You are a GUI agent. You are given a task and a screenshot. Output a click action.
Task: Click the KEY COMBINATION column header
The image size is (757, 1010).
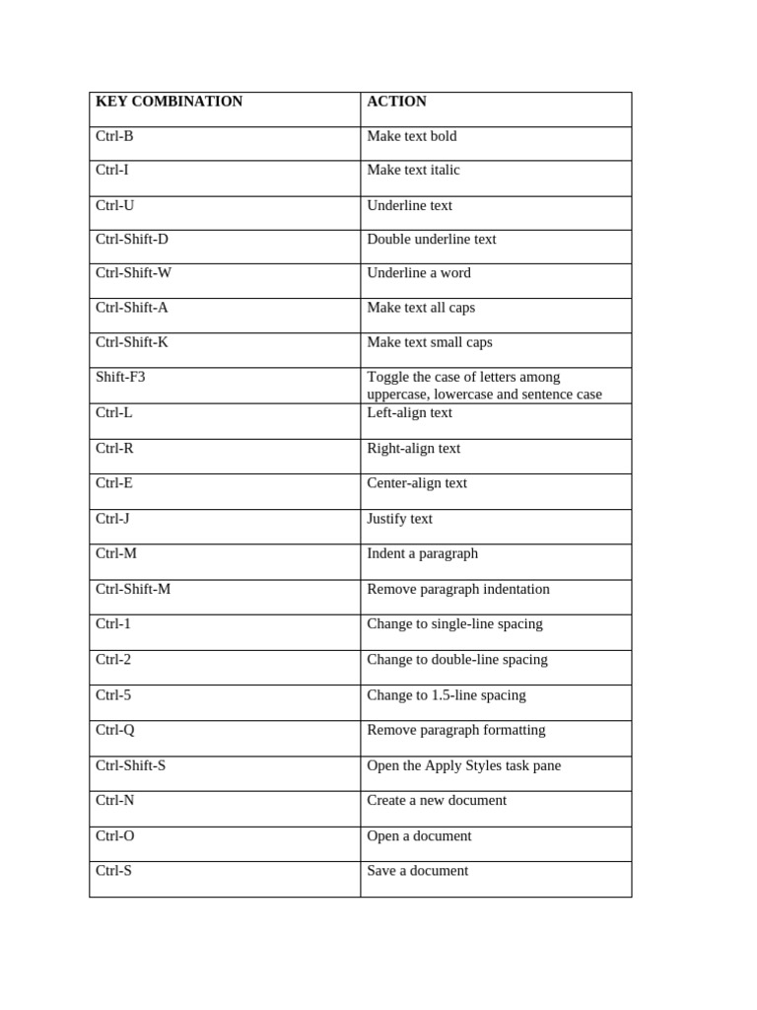(x=169, y=102)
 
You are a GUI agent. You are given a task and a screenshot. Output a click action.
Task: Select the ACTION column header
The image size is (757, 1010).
(x=396, y=102)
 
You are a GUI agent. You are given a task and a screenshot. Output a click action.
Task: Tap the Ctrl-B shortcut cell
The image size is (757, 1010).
(x=114, y=136)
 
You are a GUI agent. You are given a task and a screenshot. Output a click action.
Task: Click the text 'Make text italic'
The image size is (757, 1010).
(x=413, y=170)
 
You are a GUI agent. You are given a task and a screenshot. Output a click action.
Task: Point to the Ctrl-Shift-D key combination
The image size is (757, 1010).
(x=132, y=239)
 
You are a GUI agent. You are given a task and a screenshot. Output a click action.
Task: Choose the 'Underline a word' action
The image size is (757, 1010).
(x=419, y=273)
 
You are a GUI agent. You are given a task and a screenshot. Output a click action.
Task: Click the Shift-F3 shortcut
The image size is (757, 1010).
(x=120, y=377)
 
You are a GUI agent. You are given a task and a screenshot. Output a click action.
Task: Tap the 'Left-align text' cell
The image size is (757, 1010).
(x=409, y=413)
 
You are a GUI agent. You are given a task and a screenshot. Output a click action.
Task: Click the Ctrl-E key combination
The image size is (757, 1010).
(x=114, y=483)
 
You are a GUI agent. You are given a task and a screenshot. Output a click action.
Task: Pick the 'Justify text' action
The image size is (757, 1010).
(x=399, y=519)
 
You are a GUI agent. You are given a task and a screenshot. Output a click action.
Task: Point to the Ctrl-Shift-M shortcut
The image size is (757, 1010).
(x=133, y=589)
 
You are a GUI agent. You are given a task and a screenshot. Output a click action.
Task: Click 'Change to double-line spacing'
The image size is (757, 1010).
(x=457, y=660)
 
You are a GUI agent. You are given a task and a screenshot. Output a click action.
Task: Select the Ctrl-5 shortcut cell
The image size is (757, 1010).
(x=113, y=695)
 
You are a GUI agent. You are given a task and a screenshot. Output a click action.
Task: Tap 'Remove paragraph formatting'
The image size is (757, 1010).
(x=456, y=730)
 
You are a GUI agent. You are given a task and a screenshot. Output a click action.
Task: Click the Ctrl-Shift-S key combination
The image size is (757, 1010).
(x=131, y=765)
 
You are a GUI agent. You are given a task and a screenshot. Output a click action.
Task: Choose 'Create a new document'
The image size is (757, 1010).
(x=437, y=800)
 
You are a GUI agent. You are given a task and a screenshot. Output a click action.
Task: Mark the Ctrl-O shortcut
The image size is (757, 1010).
(x=115, y=835)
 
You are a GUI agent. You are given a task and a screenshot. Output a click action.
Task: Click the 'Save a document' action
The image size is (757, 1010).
(x=418, y=871)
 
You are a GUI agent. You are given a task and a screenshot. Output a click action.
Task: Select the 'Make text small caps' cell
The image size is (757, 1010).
(x=430, y=342)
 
